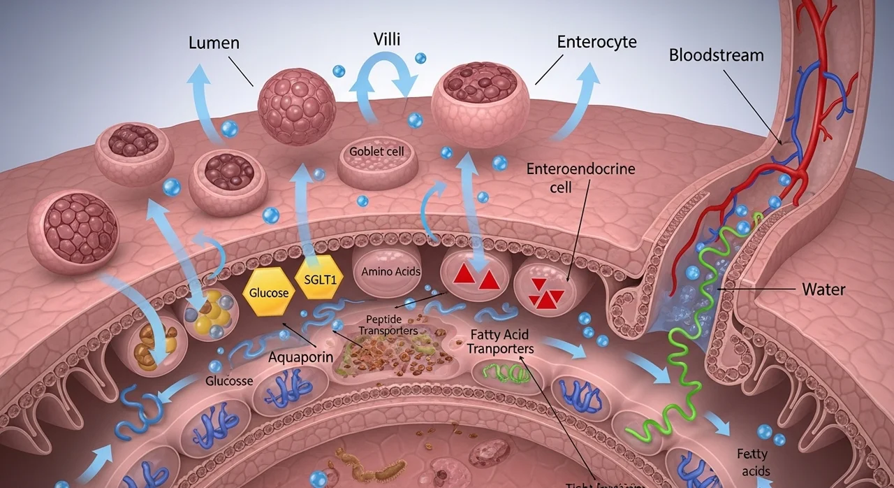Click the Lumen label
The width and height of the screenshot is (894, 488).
pos(214,43)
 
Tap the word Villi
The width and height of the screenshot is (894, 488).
pos(386,39)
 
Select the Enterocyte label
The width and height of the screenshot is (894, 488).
pos(596,42)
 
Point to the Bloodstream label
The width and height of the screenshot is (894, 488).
pos(716,55)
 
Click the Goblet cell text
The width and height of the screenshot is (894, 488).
pos(376,152)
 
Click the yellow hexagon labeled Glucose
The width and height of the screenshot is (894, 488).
pos(268,293)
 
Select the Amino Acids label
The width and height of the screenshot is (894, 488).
pos(391,271)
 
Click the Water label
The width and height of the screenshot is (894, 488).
pos(823,289)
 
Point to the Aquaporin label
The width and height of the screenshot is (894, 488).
pos(300,357)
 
